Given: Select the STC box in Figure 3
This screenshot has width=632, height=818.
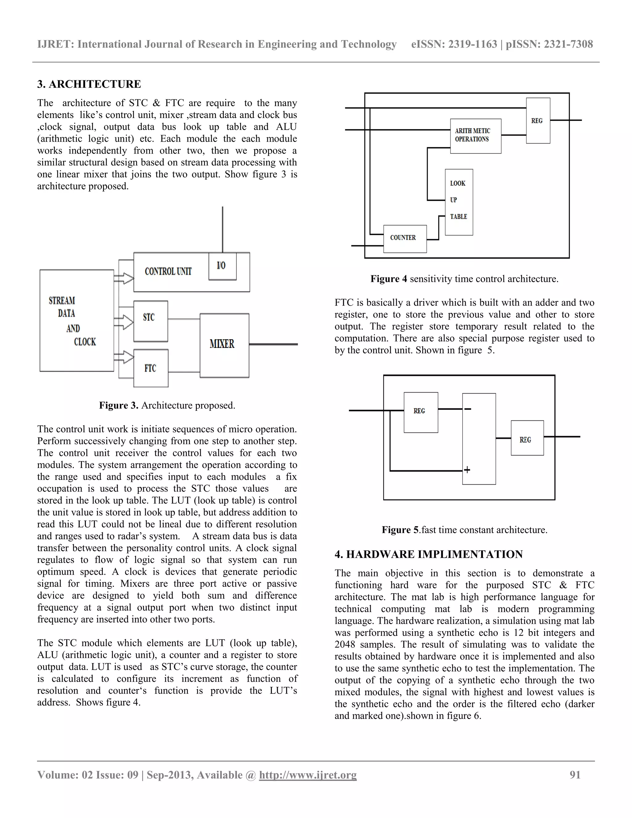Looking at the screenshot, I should [x=151, y=321].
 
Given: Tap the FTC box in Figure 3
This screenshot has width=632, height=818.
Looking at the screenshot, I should [x=151, y=368].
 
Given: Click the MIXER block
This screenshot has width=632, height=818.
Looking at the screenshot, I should [x=224, y=345].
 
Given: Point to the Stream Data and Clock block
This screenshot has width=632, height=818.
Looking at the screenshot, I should [x=77, y=321].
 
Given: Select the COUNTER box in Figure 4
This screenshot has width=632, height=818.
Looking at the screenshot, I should [x=405, y=239].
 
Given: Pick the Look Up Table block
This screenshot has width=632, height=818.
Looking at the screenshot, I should [x=459, y=202].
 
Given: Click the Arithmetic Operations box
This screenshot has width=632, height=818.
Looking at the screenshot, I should [x=475, y=136].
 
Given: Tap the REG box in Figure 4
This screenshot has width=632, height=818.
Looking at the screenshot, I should [x=538, y=121].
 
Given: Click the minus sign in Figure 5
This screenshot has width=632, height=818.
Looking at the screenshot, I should [x=468, y=409].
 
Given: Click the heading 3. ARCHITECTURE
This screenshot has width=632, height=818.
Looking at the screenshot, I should [x=89, y=84].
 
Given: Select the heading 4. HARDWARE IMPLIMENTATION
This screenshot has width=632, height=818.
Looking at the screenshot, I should [x=428, y=554].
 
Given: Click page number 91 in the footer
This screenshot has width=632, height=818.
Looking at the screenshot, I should [x=575, y=774].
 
